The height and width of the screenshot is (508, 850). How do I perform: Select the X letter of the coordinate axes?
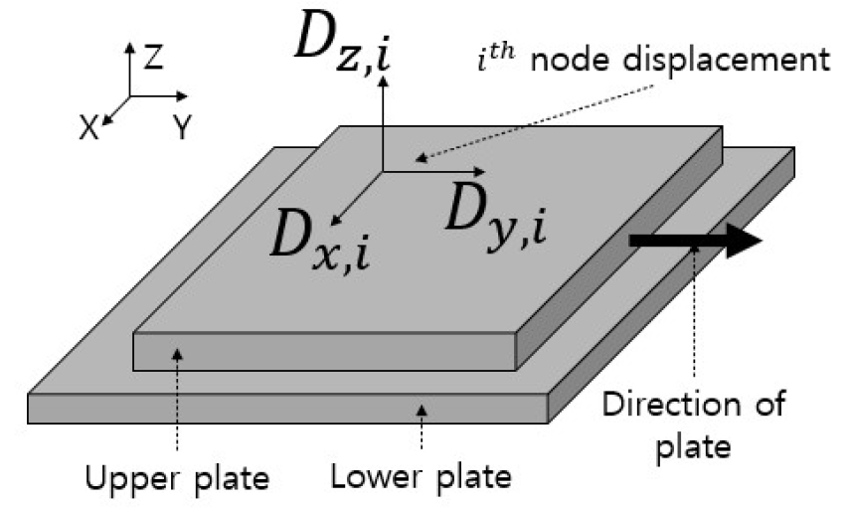coord(89,127)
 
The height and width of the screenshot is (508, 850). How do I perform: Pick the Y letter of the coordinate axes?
coord(181,127)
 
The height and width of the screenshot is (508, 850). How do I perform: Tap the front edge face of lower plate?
coord(288,408)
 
